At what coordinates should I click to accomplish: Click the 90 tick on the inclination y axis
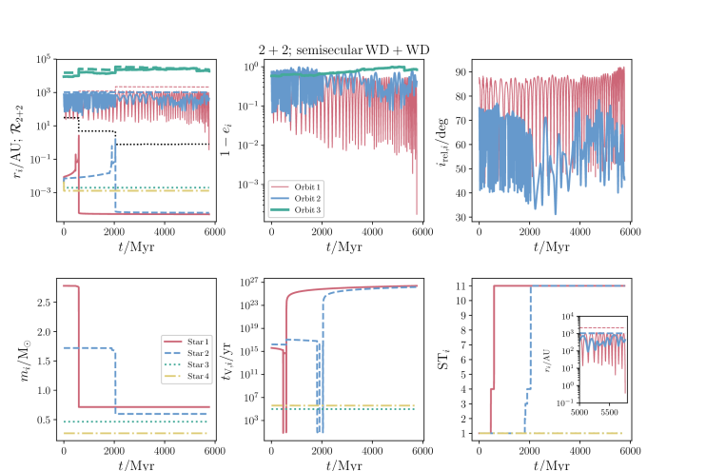[x=463, y=71]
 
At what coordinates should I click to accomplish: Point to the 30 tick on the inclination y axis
[x=463, y=218]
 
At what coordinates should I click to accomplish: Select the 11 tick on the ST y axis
[x=463, y=285]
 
